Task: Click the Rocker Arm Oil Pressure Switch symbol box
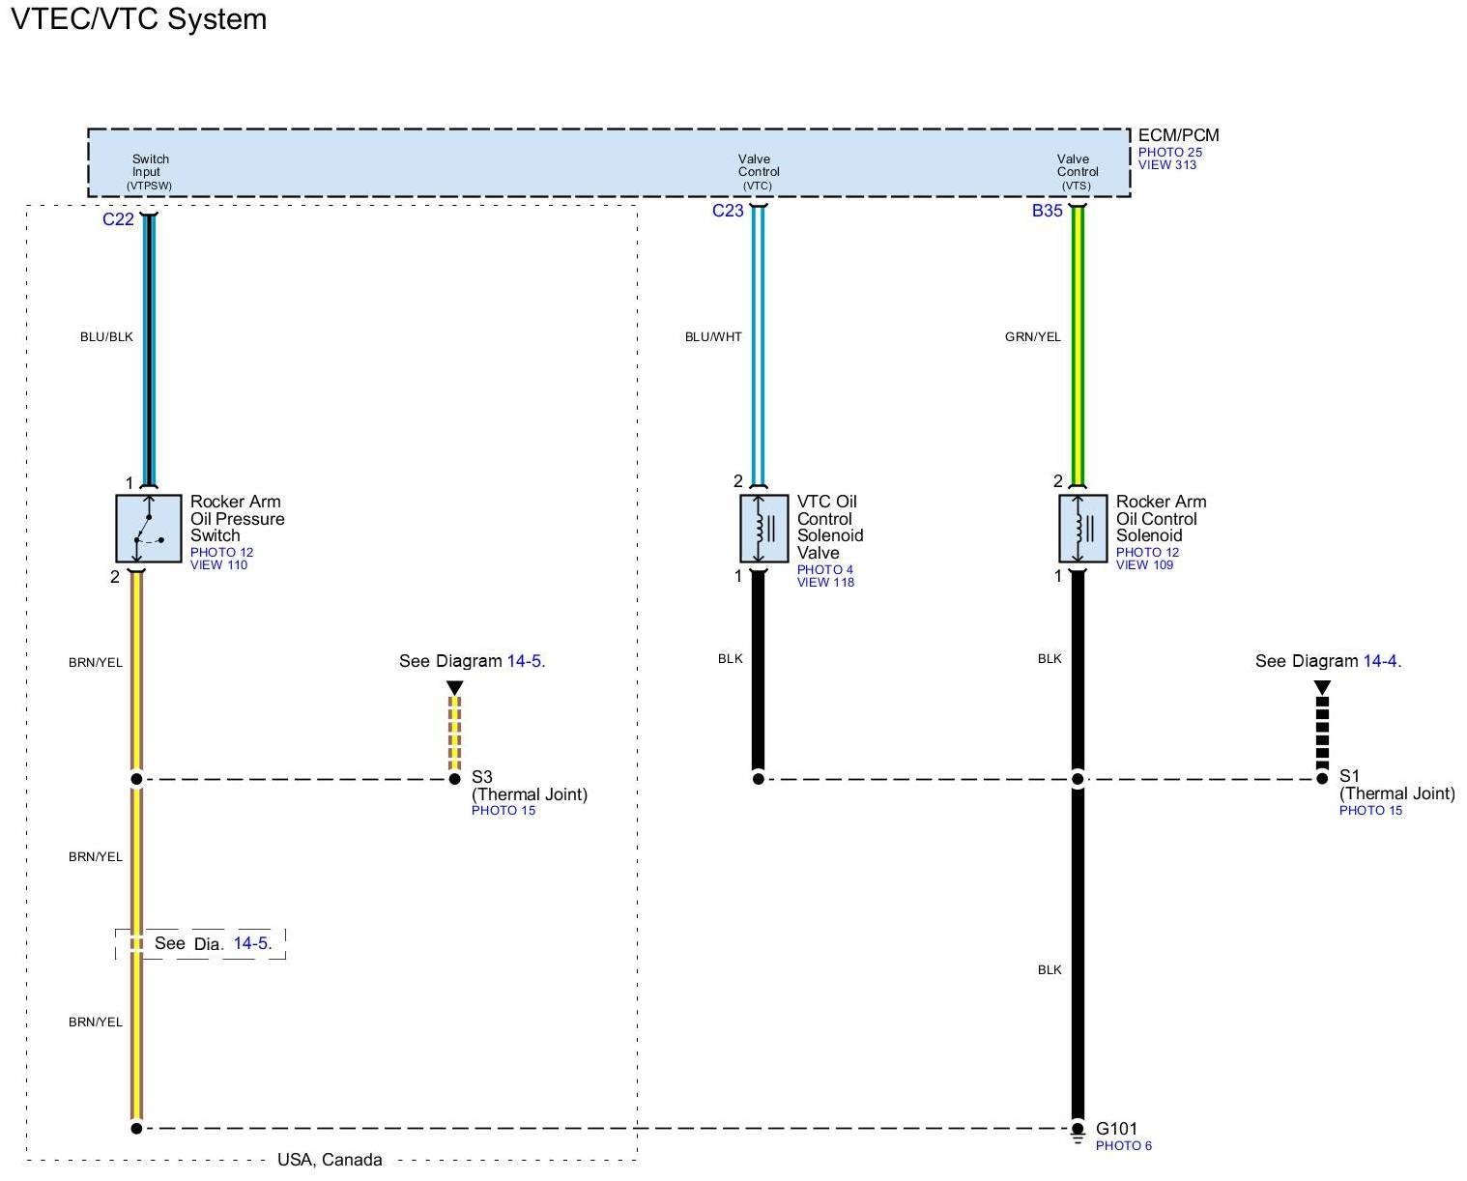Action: tap(148, 529)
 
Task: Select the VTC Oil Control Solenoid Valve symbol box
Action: tap(763, 529)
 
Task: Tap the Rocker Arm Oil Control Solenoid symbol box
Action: tap(1082, 529)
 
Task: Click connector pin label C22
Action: tap(118, 219)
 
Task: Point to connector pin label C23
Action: tap(728, 211)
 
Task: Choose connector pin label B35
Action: tap(1047, 211)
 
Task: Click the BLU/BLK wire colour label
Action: tap(106, 337)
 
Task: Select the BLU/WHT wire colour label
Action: tap(713, 337)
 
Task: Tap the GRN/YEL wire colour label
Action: tap(1032, 337)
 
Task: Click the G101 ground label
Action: tap(1116, 1129)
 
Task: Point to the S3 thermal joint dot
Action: tap(454, 779)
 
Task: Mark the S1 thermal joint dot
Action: tap(1322, 779)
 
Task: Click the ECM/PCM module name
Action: tap(1178, 135)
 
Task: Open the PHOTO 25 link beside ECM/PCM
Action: tap(1169, 152)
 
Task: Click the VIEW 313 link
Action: tap(1166, 165)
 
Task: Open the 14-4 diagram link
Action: tap(1379, 661)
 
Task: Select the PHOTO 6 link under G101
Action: tap(1123, 1146)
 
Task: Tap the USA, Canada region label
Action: tap(330, 1160)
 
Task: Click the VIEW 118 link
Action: tap(825, 583)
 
